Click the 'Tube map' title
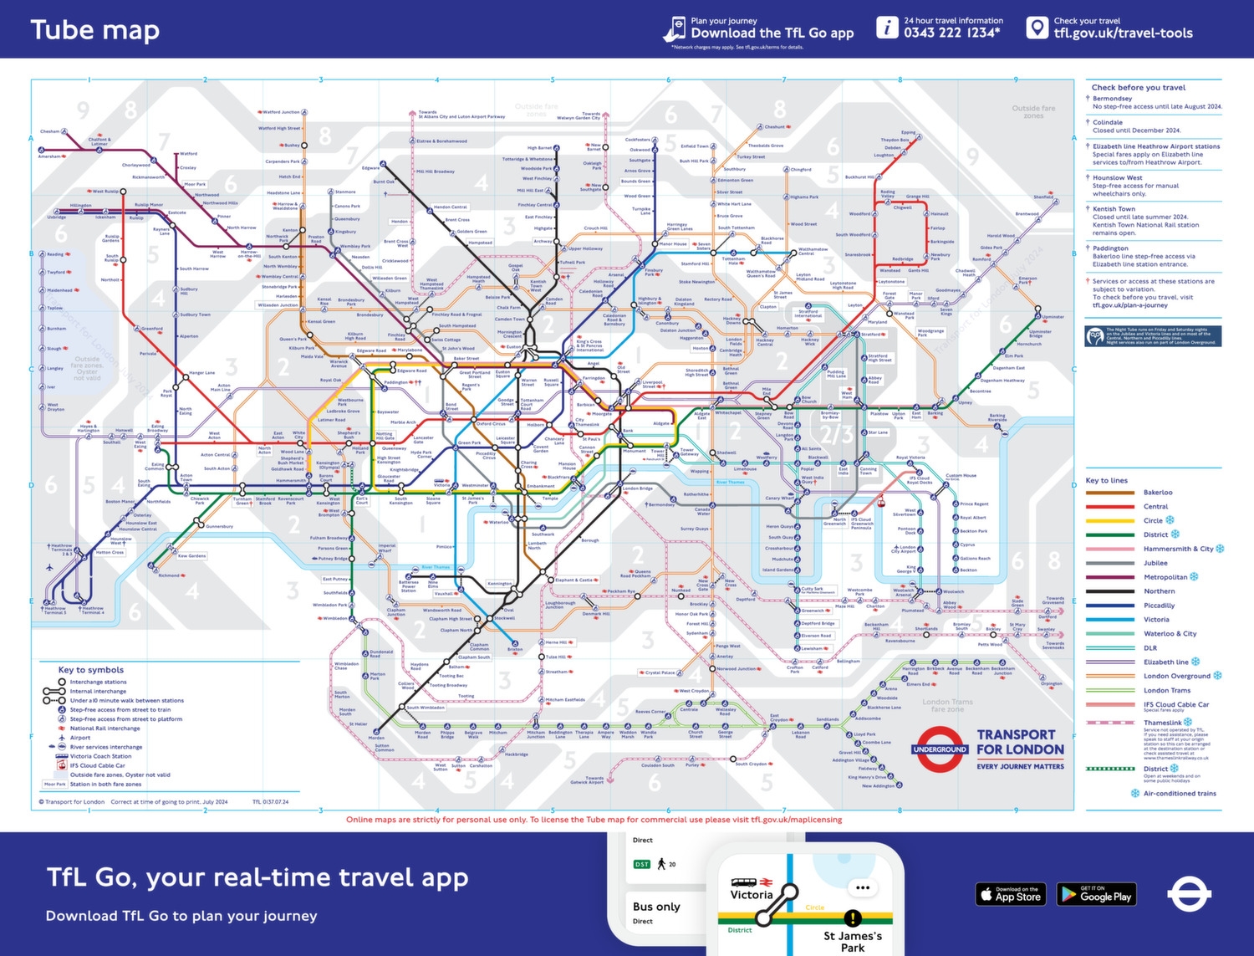94,30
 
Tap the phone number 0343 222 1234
951,33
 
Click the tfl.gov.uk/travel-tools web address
1123,33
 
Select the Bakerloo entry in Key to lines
1157,493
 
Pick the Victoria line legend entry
1156,620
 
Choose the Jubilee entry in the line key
1155,563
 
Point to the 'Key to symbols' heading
90,670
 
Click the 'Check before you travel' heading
1138,87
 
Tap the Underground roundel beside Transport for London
940,749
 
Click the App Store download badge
1012,894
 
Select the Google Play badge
1096,894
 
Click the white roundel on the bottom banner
1189,894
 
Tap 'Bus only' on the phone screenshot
656,907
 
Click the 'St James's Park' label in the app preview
852,942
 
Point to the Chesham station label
50,131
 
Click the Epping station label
908,132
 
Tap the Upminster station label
1053,317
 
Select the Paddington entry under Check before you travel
1110,248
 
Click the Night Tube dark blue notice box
1153,336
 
